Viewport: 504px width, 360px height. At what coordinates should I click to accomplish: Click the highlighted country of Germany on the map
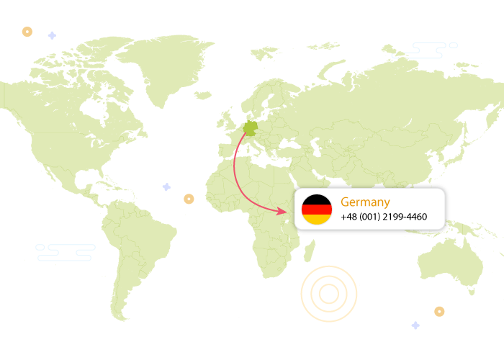(251, 129)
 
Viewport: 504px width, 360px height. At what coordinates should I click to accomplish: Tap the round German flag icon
(316, 209)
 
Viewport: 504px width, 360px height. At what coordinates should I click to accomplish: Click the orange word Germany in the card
(365, 202)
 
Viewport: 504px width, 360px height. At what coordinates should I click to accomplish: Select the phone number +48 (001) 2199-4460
(384, 217)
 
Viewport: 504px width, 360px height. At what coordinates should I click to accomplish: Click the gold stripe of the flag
(316, 219)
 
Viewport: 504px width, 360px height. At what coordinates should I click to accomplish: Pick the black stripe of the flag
(316, 199)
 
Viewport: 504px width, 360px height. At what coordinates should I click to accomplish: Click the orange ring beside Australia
(439, 312)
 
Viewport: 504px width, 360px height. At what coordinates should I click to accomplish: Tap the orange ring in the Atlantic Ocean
(189, 198)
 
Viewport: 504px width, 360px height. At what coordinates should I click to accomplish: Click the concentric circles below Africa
(329, 293)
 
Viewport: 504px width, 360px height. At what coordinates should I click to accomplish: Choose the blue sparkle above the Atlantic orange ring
(166, 186)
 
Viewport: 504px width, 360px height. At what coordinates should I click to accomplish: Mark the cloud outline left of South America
(65, 251)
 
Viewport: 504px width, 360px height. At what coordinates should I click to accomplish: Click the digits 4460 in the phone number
(415, 217)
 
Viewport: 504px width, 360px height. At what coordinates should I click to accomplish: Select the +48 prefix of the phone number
(349, 217)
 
